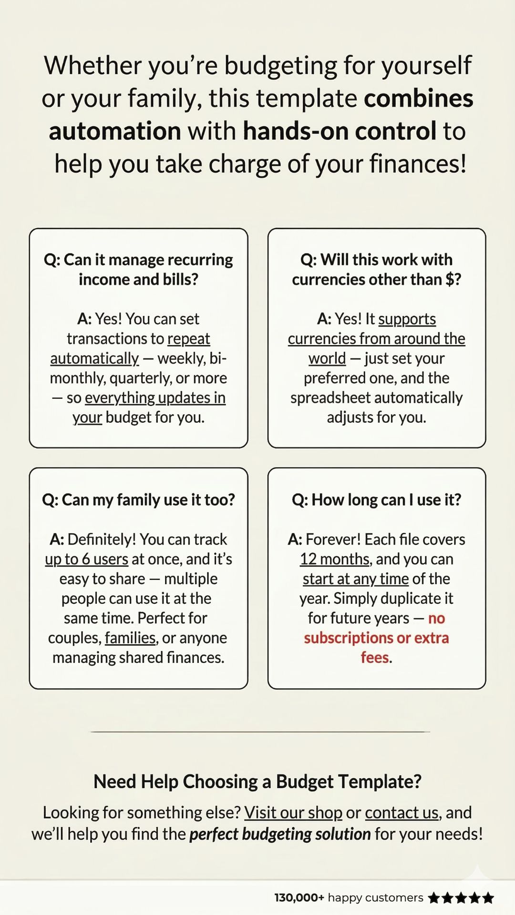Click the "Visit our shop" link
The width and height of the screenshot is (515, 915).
(293, 813)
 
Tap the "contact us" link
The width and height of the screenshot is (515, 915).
(402, 813)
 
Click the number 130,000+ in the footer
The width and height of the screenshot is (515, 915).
(299, 898)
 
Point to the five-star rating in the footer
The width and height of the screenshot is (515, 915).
(461, 898)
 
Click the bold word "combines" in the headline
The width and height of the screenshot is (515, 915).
(419, 98)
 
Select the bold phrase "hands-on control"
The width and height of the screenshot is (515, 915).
(340, 131)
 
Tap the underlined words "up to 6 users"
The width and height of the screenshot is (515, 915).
(86, 559)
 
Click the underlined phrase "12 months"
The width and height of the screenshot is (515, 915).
(335, 559)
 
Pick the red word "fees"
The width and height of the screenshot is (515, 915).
(375, 658)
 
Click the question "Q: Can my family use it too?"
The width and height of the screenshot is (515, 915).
(138, 500)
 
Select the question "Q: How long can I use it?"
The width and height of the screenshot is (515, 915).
(377, 500)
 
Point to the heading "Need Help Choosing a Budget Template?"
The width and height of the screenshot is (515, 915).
(257, 782)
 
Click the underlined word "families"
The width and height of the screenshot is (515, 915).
(130, 638)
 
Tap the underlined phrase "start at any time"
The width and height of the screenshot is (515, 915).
(356, 579)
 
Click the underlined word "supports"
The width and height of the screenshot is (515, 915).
(407, 319)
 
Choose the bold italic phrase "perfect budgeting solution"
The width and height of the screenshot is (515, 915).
(280, 834)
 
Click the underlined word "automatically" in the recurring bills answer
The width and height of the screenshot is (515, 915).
(94, 358)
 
